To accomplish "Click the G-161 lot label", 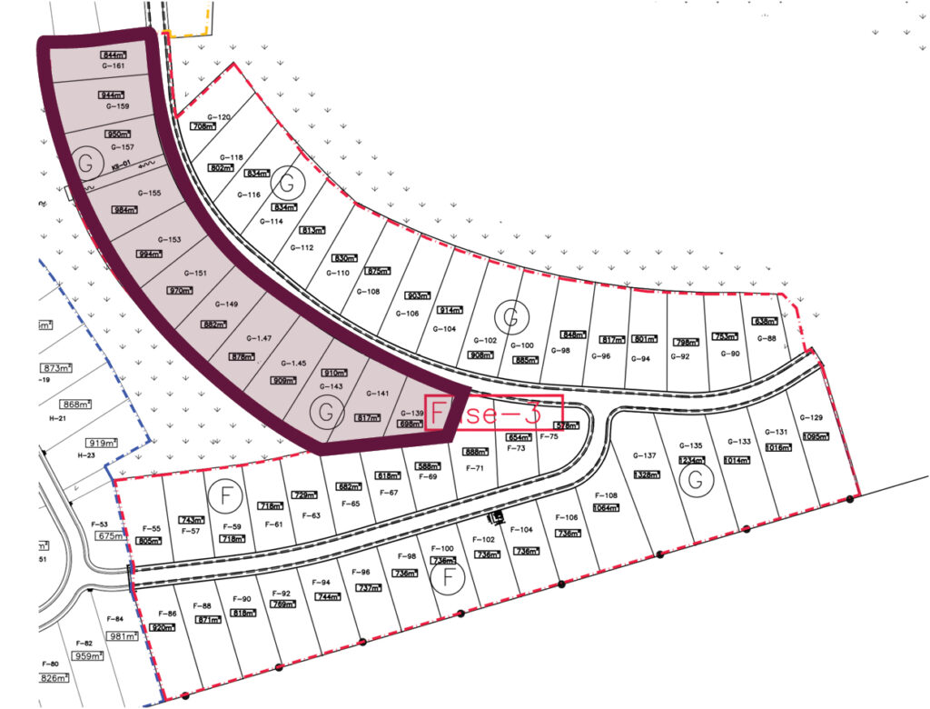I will coord(113,66).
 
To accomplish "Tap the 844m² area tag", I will coord(114,55).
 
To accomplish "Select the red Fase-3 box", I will coord(494,413).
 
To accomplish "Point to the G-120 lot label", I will coord(219,117).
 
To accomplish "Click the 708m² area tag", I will coord(203,127).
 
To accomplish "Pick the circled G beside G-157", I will coord(84,162).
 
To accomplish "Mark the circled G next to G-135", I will coord(696,480).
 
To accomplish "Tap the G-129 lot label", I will coord(811,417).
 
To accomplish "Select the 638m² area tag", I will coord(766,322).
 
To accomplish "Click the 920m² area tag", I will coord(163,627).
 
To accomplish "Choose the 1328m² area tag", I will coord(647,474).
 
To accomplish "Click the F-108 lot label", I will coord(605,495).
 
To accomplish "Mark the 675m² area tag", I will coord(110,536).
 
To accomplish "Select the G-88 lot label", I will coord(767,339).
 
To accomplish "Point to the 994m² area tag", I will coord(149,254).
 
